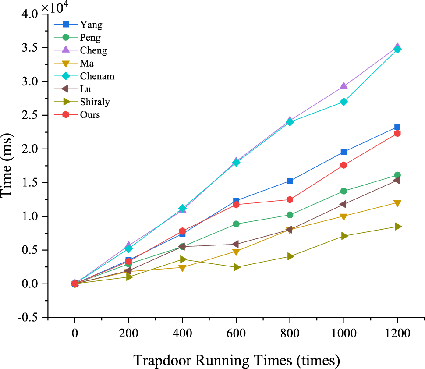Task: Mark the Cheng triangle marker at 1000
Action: pyautogui.click(x=344, y=86)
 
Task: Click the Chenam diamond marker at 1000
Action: pyautogui.click(x=344, y=102)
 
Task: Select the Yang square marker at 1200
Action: pyautogui.click(x=397, y=127)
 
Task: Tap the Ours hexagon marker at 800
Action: pyautogui.click(x=290, y=200)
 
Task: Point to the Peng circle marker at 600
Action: pyautogui.click(x=236, y=224)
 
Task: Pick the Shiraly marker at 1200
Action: pyautogui.click(x=397, y=227)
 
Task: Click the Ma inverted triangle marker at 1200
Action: pyautogui.click(x=397, y=203)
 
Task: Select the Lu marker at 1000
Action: pyautogui.click(x=343, y=204)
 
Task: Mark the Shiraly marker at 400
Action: pyautogui.click(x=182, y=259)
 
